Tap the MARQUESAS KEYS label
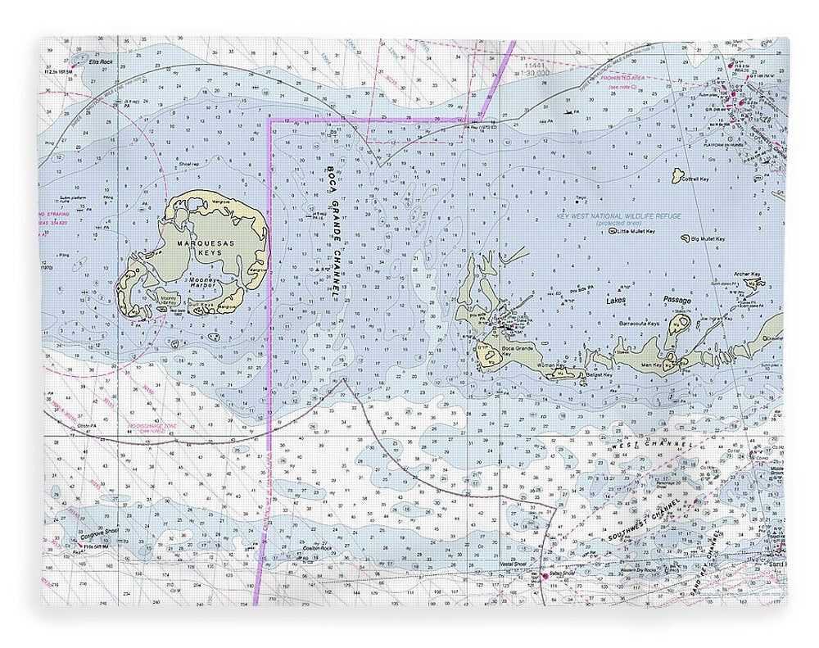pyautogui.click(x=197, y=247)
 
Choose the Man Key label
pyautogui.click(x=651, y=365)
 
